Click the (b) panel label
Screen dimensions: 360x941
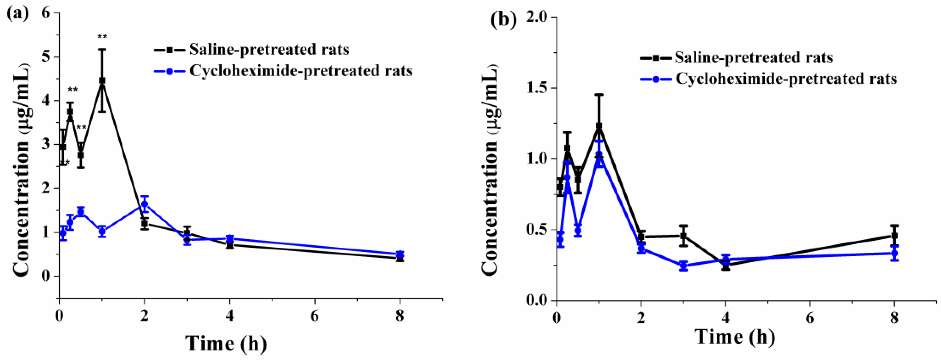(503, 21)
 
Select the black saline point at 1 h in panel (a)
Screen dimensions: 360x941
(102, 80)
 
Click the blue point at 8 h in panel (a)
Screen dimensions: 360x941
(400, 254)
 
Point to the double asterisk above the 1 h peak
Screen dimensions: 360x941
(102, 37)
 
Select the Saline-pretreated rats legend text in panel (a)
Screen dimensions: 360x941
(269, 50)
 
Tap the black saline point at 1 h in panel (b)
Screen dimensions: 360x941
(599, 126)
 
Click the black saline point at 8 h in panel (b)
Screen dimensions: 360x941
(894, 236)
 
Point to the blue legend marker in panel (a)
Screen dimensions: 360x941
(170, 71)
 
